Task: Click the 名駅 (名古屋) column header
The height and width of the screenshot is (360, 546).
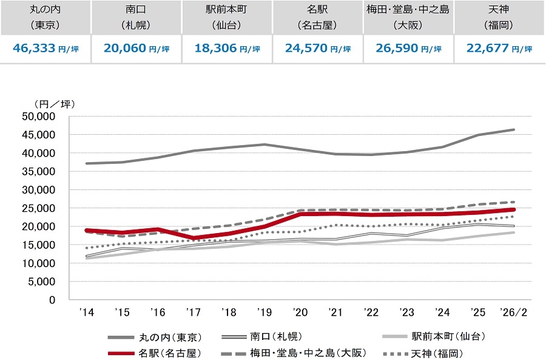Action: pos(318,18)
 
